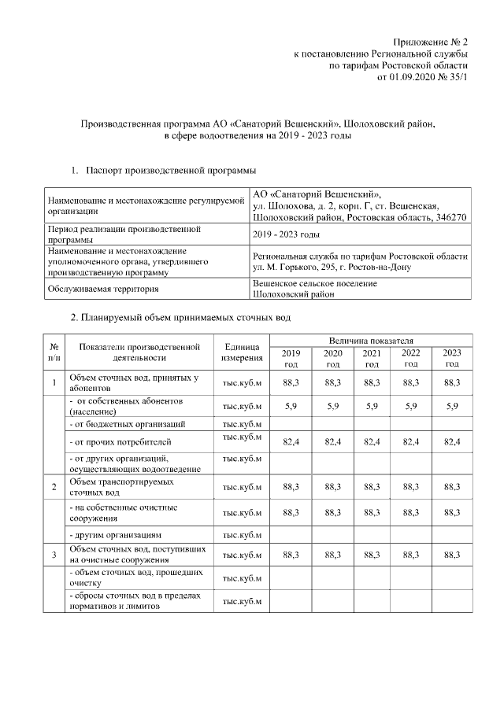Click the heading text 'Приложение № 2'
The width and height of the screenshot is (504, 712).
point(432,41)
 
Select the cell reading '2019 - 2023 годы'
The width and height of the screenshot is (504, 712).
point(286,234)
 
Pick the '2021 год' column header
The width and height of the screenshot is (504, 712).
point(372,358)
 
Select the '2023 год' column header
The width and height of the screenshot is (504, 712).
point(451,358)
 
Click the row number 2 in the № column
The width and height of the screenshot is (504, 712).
point(54,486)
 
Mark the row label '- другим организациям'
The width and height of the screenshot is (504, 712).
point(116,535)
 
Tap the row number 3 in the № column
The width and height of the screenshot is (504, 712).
point(54,555)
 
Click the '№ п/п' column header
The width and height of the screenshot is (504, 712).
point(54,352)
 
